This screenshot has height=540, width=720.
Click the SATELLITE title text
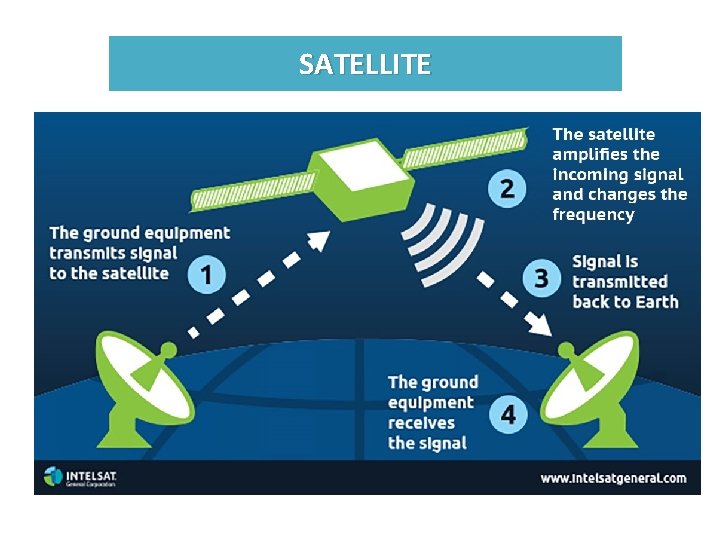(365, 65)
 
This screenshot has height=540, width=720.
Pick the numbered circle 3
(541, 277)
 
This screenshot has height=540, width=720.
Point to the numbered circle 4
(508, 413)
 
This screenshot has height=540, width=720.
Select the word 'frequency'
(593, 214)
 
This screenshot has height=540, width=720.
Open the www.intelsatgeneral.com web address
(613, 478)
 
